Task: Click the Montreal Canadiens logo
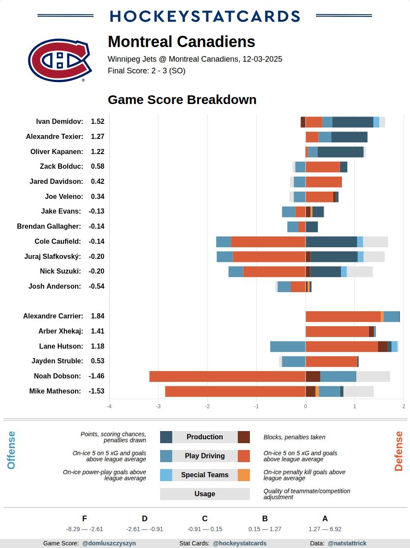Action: (x=60, y=60)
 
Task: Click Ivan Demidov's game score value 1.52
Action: (x=98, y=122)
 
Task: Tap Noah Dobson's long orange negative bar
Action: (x=227, y=376)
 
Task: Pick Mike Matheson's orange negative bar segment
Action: (x=235, y=391)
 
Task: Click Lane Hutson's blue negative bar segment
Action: (x=288, y=346)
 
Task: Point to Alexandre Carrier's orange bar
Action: (x=343, y=316)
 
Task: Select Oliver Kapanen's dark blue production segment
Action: (x=341, y=152)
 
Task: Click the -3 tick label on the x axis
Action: (x=158, y=406)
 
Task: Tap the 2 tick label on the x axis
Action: (x=404, y=406)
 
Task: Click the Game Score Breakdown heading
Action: (x=182, y=100)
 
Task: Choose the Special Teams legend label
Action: (x=205, y=475)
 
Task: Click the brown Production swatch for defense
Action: (x=244, y=437)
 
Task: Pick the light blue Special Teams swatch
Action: (x=166, y=475)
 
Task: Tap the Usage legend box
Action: (x=205, y=494)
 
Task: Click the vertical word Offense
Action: (x=11, y=450)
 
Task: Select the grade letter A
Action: (x=325, y=519)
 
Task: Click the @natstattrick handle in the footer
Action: (x=347, y=543)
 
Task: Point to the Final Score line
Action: (x=147, y=71)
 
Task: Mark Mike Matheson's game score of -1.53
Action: (x=97, y=391)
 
